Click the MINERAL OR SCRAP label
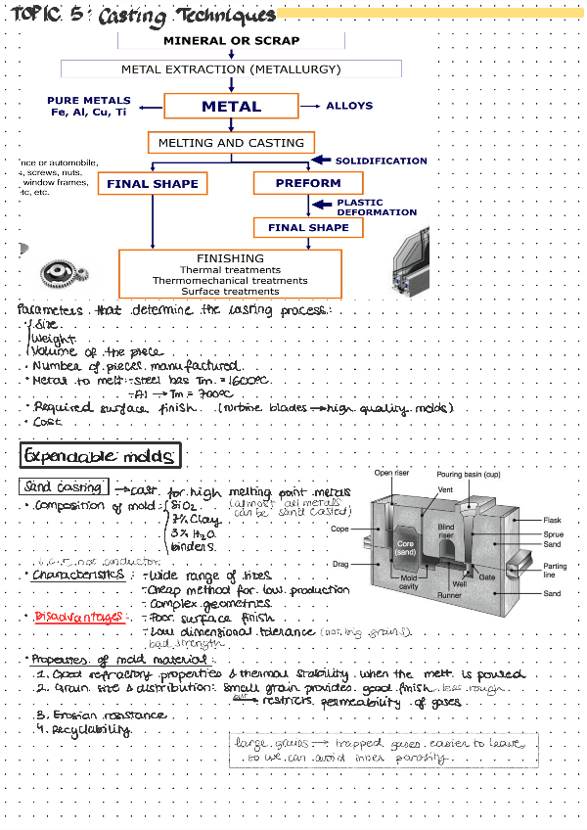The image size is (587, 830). pos(232,41)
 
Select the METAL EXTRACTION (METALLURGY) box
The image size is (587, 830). pos(231,69)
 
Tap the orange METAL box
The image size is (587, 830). pos(231,106)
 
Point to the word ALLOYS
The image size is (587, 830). pos(349,106)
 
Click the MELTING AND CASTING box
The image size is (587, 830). pos(231,143)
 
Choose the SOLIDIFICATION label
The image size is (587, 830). pos(381,161)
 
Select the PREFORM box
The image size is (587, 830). pos(307,183)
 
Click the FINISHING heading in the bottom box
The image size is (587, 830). pos(230,258)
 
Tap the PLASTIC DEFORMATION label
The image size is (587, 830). pos(377,207)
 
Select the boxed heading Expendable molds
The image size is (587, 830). pos(100,455)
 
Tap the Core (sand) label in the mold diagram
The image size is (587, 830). pos(406,547)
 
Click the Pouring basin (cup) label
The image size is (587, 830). pos(469,475)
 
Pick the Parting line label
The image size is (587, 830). pos(554,571)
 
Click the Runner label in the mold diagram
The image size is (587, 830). pos(449,594)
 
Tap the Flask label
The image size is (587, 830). pos(553,520)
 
